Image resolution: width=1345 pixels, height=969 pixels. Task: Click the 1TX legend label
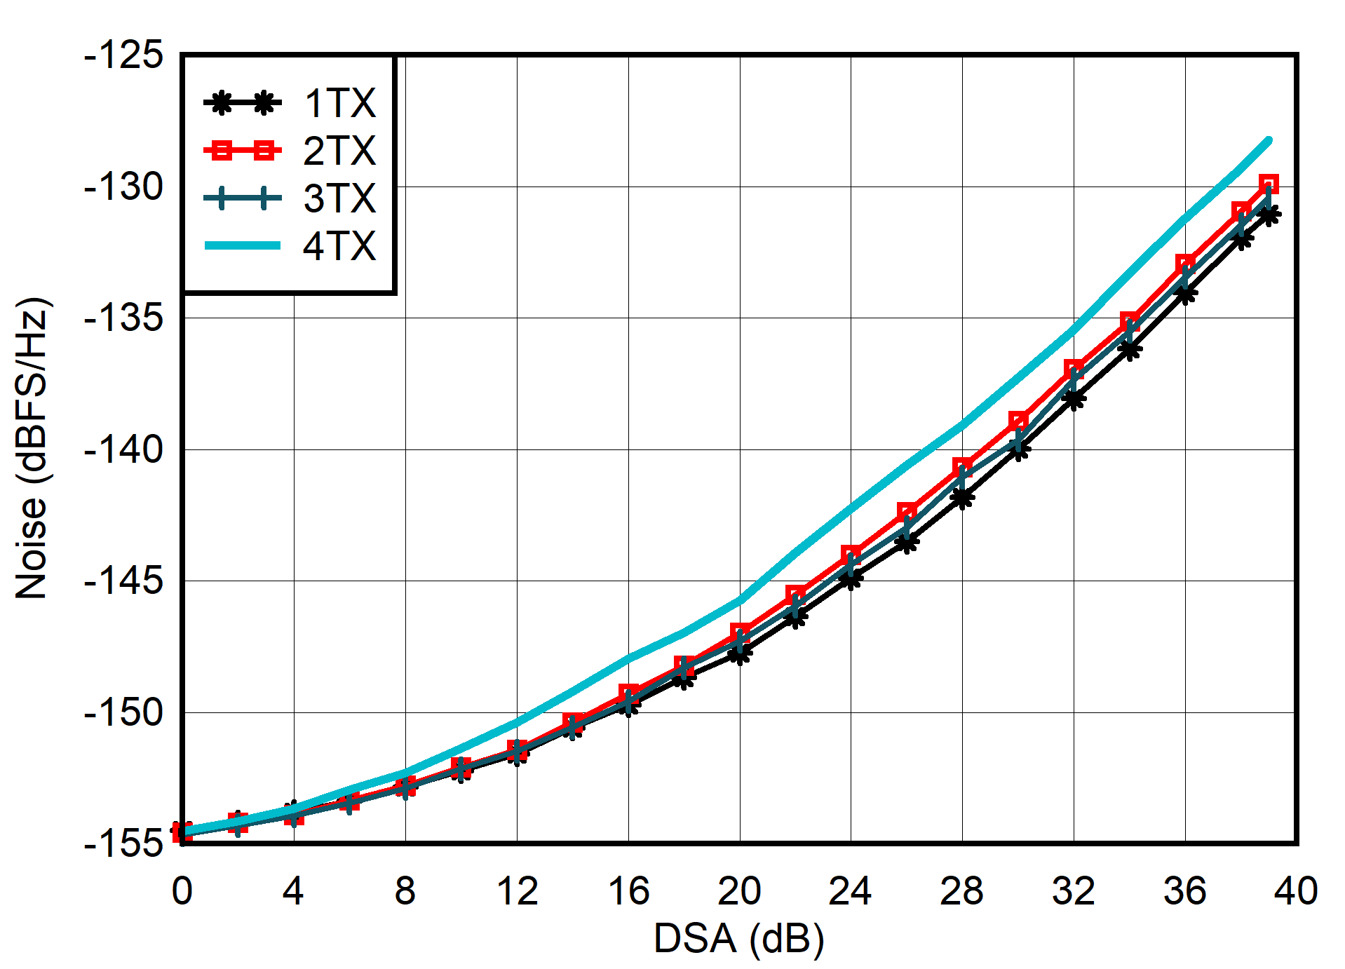(x=339, y=103)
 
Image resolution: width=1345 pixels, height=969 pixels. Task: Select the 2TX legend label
(x=339, y=151)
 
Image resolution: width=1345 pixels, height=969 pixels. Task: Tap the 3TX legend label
(x=339, y=198)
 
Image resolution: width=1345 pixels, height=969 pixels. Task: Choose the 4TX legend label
(x=339, y=246)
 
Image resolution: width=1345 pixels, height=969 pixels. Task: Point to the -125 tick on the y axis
(x=123, y=55)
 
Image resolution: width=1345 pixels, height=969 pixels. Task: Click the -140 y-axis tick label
(x=123, y=449)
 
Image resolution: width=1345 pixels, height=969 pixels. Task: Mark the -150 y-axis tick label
(x=123, y=712)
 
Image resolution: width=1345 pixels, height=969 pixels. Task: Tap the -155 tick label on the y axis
(x=123, y=843)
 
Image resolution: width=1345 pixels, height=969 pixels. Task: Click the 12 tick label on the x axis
(x=517, y=891)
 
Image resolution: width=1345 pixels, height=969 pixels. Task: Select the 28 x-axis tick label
(x=962, y=891)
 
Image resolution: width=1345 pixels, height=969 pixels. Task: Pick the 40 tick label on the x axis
(x=1296, y=891)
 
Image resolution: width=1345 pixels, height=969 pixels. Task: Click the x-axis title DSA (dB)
(x=738, y=938)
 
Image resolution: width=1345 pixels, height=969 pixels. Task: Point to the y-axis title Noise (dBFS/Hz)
(x=32, y=449)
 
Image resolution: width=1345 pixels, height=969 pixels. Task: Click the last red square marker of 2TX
(x=1269, y=184)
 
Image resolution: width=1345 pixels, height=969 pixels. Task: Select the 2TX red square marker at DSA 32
(x=1074, y=369)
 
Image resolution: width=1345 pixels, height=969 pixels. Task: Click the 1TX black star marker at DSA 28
(x=962, y=498)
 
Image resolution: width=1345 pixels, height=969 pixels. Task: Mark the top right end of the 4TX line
(x=1269, y=140)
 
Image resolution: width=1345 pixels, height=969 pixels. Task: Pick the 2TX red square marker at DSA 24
(x=851, y=555)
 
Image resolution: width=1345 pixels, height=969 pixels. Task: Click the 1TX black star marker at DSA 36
(x=1185, y=294)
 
